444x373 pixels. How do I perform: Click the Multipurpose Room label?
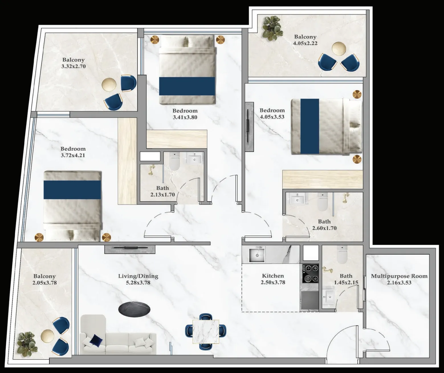point(399,276)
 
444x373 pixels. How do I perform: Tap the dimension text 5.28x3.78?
point(138,283)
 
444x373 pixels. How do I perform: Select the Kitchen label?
point(273,276)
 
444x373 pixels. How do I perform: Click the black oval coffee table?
point(134,308)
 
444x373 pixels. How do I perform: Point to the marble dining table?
point(206,331)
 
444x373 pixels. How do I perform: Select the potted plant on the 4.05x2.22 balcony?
point(272,28)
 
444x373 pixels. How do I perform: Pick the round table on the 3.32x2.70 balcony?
point(109,85)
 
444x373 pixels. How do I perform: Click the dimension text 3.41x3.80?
point(185,117)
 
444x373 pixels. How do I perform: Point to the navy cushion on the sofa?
point(96,341)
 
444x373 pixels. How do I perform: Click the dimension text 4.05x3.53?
point(272,117)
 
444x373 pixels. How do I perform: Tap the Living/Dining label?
point(138,276)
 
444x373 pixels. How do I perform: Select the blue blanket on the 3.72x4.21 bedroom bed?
point(72,190)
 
